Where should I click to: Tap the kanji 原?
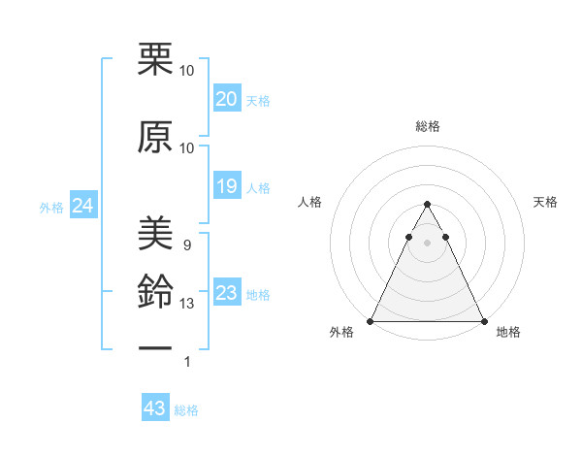pyautogui.click(x=155, y=139)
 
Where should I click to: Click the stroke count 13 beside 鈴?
pyautogui.click(x=188, y=304)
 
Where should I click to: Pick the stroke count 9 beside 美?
pyautogui.click(x=186, y=244)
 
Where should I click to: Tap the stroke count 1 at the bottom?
pyautogui.click(x=186, y=362)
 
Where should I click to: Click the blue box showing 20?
pyautogui.click(x=226, y=99)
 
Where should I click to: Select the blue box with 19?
pyautogui.click(x=226, y=186)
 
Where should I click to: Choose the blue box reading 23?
pyautogui.click(x=226, y=293)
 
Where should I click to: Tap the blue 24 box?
pyautogui.click(x=83, y=206)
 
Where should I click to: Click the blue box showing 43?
pyautogui.click(x=154, y=408)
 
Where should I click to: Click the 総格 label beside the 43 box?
pyautogui.click(x=186, y=410)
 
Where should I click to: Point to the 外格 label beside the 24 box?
pyautogui.click(x=51, y=207)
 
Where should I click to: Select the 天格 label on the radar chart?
pyautogui.click(x=545, y=202)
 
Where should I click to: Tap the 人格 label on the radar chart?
pyautogui.click(x=309, y=202)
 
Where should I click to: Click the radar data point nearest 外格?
pyautogui.click(x=371, y=320)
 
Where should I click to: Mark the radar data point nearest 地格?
pyautogui.click(x=483, y=320)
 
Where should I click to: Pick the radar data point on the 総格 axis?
pyautogui.click(x=427, y=205)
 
